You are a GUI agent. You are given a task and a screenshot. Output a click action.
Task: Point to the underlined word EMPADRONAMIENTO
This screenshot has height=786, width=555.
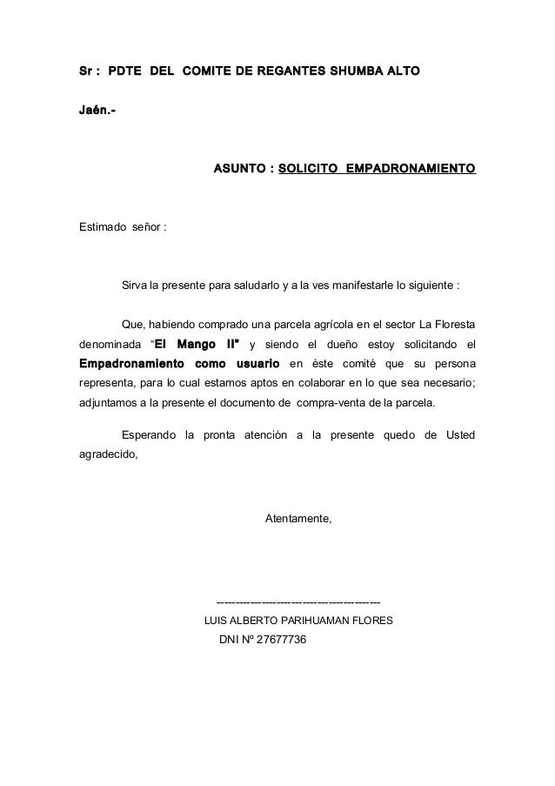pyautogui.click(x=411, y=165)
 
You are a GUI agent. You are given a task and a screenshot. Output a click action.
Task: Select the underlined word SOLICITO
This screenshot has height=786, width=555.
pyautogui.click(x=308, y=165)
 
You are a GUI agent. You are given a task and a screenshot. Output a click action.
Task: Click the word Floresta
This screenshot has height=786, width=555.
pyautogui.click(x=451, y=325)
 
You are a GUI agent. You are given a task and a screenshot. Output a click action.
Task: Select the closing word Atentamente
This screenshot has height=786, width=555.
pyautogui.click(x=298, y=520)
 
